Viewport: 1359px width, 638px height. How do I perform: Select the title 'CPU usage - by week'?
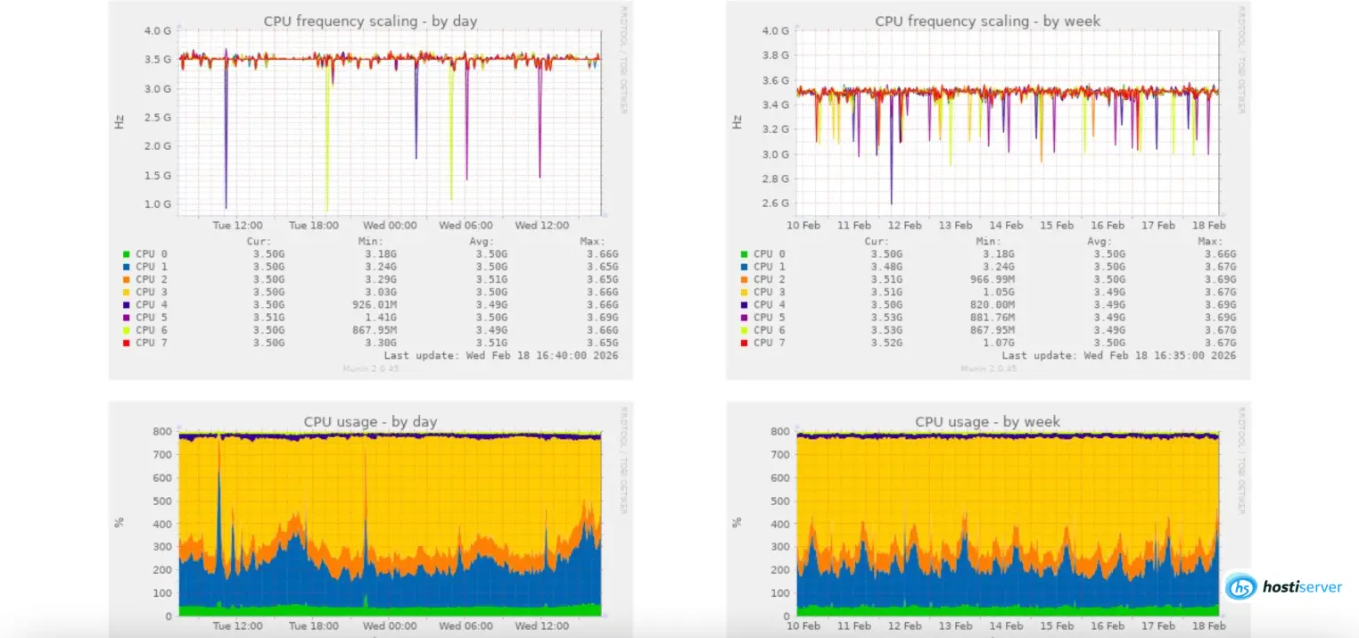point(987,421)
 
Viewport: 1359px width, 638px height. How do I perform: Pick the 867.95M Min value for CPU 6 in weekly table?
point(995,329)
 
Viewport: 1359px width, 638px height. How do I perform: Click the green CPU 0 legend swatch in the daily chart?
point(127,254)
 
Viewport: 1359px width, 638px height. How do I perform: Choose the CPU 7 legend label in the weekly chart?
point(770,343)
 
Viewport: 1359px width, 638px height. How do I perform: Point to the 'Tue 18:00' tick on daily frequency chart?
point(314,226)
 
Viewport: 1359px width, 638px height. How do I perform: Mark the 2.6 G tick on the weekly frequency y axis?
point(775,203)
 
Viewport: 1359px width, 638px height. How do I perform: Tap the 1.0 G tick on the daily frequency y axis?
point(158,203)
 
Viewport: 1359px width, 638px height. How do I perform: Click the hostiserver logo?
point(1283,586)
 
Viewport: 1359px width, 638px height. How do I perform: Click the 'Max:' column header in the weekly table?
point(1209,241)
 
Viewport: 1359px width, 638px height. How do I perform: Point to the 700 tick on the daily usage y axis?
point(161,455)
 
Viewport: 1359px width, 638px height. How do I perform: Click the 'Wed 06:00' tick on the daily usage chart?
point(465,626)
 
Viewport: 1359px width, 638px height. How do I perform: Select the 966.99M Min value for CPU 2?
point(995,279)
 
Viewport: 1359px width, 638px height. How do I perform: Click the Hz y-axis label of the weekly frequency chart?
point(737,121)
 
